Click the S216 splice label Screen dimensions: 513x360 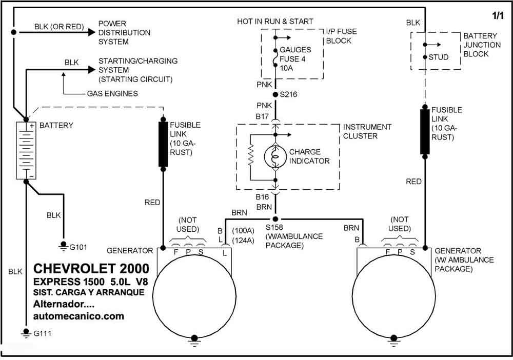[x=288, y=95]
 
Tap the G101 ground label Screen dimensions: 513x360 [x=78, y=247]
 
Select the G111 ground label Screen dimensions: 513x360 [x=42, y=334]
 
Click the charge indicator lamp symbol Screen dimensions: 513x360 [x=275, y=157]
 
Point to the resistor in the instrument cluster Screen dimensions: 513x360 [x=251, y=155]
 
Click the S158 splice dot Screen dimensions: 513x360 [x=275, y=219]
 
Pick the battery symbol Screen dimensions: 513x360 [x=26, y=150]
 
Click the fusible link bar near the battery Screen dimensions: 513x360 [x=163, y=144]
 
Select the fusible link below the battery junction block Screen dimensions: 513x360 [x=425, y=132]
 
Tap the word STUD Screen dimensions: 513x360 [x=439, y=57]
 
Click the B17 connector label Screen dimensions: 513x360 [x=262, y=116]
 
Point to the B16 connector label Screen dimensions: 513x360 [x=262, y=197]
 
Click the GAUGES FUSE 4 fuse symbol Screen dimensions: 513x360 [x=275, y=57]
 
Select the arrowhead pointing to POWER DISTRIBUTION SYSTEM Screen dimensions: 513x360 [x=91, y=32]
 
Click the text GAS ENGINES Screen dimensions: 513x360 [x=112, y=94]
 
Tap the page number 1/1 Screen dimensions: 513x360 [x=498, y=15]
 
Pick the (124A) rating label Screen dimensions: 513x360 [x=243, y=241]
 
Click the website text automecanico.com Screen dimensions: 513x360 [x=78, y=316]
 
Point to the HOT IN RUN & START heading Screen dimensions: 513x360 [x=275, y=22]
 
